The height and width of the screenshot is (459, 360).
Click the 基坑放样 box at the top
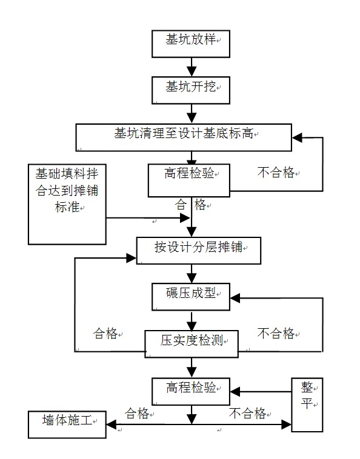click(x=191, y=41)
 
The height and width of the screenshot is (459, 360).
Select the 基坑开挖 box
click(x=191, y=90)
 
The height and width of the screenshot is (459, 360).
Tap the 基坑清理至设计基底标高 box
click(x=184, y=137)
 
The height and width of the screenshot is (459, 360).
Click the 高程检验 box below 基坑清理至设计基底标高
click(x=190, y=179)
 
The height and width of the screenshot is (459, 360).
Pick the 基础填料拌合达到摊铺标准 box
click(x=67, y=203)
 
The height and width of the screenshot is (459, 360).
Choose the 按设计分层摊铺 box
click(x=198, y=251)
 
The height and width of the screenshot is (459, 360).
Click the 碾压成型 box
click(x=191, y=297)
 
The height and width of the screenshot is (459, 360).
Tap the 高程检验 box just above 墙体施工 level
click(x=190, y=392)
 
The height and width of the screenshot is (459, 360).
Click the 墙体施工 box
click(x=67, y=424)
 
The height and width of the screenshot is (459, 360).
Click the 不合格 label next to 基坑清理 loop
click(x=276, y=173)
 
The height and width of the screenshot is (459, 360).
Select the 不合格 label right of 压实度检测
click(x=276, y=334)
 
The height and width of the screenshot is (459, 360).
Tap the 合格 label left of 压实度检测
click(x=105, y=334)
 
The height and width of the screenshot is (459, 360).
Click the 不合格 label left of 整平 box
click(x=247, y=414)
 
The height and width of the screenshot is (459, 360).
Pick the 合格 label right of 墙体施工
click(x=138, y=414)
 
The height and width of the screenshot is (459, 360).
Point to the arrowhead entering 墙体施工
click(x=112, y=424)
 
